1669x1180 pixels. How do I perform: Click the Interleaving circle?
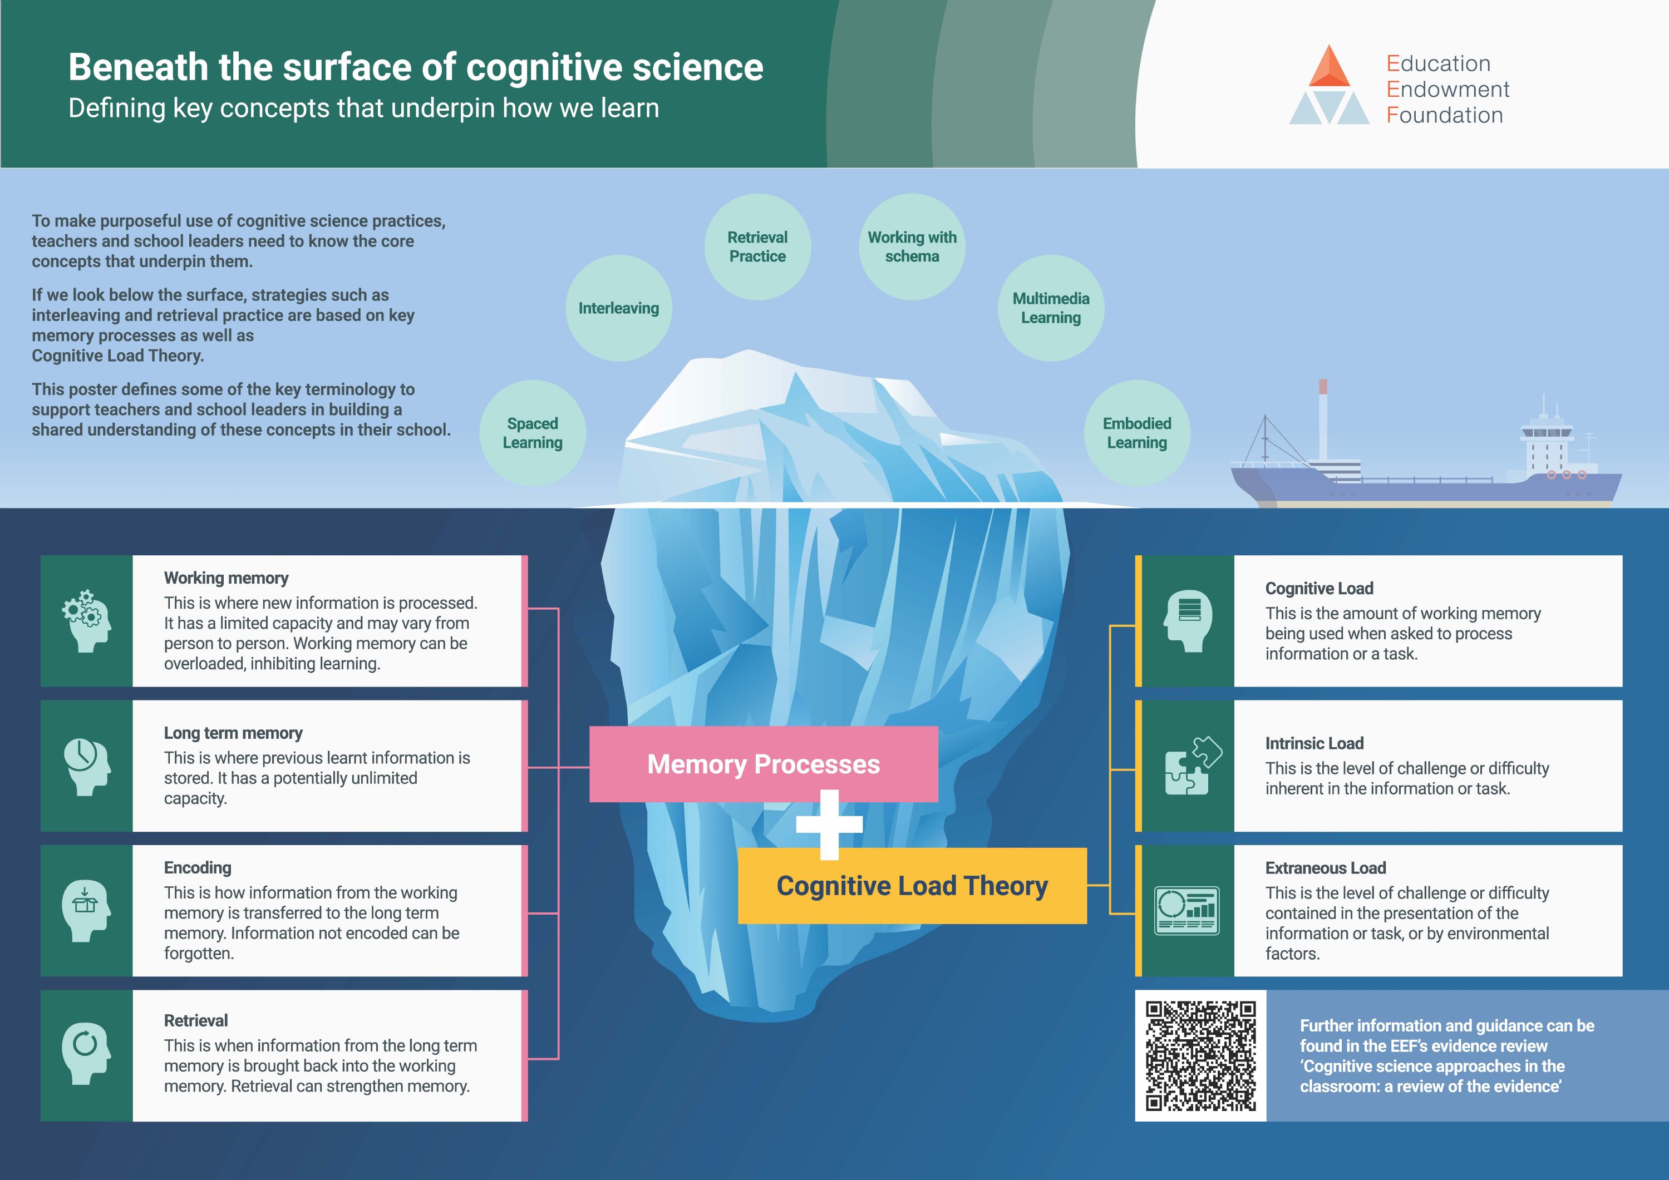pos(619,308)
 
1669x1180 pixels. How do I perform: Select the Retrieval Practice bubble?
pos(757,247)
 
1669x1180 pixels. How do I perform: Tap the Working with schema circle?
pos(912,247)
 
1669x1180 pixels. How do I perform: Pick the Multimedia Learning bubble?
pos(1051,308)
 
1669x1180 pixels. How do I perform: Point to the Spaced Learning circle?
pos(533,433)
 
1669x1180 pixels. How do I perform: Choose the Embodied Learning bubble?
pos(1137,433)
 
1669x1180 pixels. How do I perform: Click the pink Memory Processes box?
pos(763,764)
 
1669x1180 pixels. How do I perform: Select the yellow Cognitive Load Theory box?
pos(912,886)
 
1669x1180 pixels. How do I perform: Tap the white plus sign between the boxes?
pos(829,824)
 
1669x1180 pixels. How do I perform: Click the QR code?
pos(1201,1056)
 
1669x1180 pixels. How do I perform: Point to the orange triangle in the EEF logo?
pos(1330,66)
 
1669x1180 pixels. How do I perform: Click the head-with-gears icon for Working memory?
pos(86,620)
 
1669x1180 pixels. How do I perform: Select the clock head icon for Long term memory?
pos(86,767)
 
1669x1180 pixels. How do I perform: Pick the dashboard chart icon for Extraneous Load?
pos(1187,910)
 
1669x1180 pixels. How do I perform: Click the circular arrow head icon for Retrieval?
pos(86,1054)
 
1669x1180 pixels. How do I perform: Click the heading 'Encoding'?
pos(198,867)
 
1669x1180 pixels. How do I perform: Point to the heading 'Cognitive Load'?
pos(1320,589)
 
